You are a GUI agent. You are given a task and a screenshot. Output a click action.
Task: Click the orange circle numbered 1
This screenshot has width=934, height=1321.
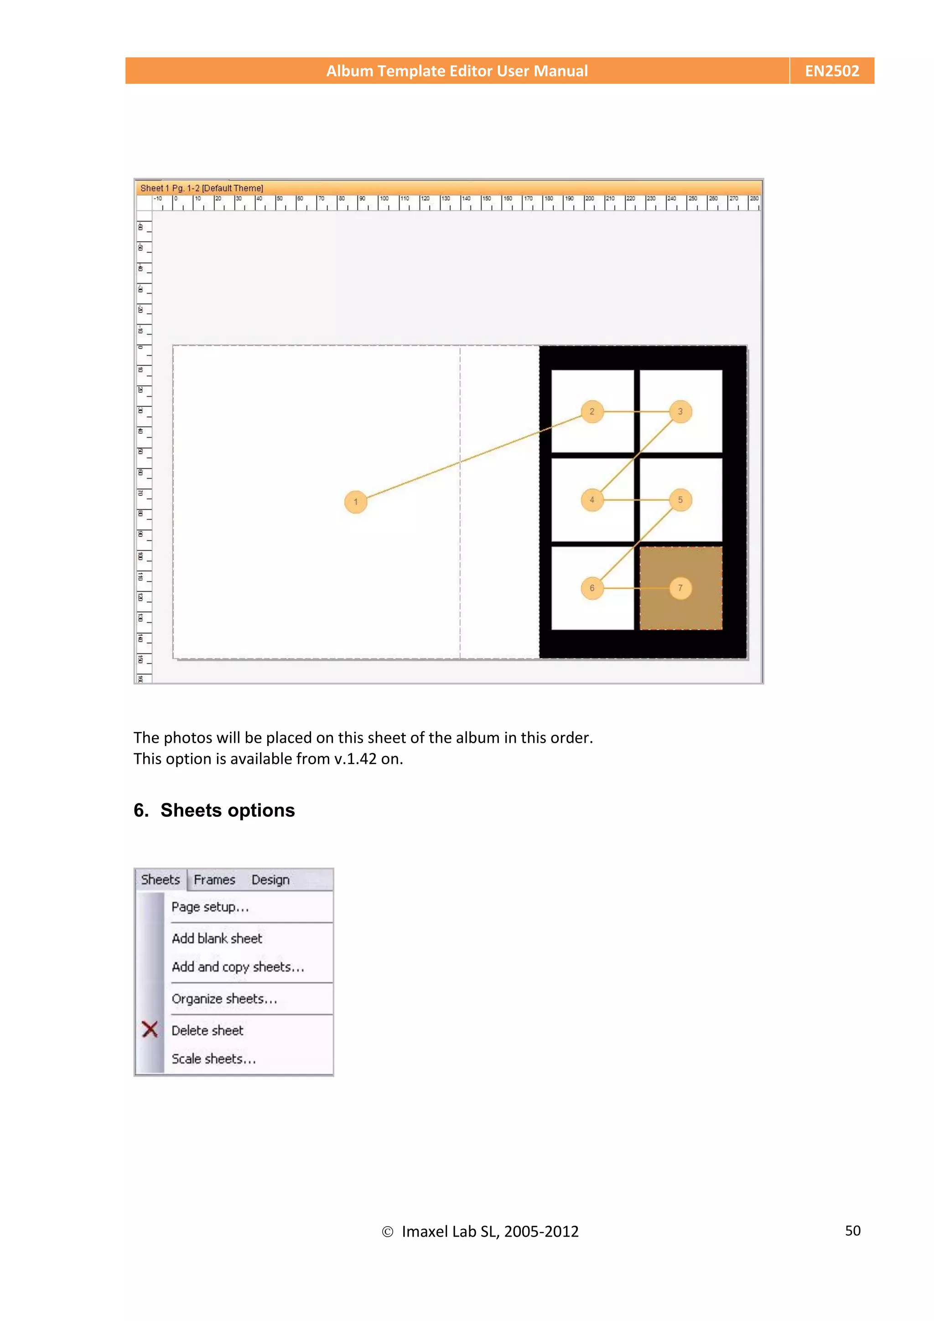click(356, 502)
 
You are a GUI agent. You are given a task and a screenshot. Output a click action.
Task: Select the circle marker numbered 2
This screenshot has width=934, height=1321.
click(592, 411)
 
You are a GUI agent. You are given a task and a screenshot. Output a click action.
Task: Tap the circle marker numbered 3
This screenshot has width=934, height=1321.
click(680, 411)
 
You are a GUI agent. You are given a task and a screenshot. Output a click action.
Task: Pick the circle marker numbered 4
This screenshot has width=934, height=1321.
click(592, 499)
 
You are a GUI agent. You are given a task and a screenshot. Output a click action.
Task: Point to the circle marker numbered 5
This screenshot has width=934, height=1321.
click(680, 499)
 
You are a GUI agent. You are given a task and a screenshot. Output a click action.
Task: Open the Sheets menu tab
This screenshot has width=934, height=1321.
click(161, 880)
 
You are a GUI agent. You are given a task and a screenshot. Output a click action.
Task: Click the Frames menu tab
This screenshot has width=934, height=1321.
click(214, 880)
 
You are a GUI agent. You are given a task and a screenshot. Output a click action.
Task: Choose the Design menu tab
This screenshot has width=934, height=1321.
click(270, 880)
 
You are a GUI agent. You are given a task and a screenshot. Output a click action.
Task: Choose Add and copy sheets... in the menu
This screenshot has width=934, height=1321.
click(238, 967)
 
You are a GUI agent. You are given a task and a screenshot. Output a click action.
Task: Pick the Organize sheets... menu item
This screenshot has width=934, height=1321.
click(224, 999)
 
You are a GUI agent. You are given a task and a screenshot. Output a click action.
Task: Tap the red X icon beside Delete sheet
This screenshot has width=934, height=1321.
click(150, 1029)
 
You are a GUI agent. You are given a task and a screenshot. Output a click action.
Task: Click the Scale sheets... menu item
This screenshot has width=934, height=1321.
click(213, 1059)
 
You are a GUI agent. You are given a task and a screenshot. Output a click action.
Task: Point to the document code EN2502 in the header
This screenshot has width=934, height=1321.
click(831, 71)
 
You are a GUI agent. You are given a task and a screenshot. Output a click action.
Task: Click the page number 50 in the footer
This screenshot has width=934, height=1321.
click(852, 1231)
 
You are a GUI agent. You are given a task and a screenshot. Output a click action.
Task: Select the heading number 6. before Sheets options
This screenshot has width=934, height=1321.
click(141, 810)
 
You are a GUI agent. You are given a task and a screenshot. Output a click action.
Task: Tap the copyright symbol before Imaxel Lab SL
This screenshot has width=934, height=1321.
click(387, 1232)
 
